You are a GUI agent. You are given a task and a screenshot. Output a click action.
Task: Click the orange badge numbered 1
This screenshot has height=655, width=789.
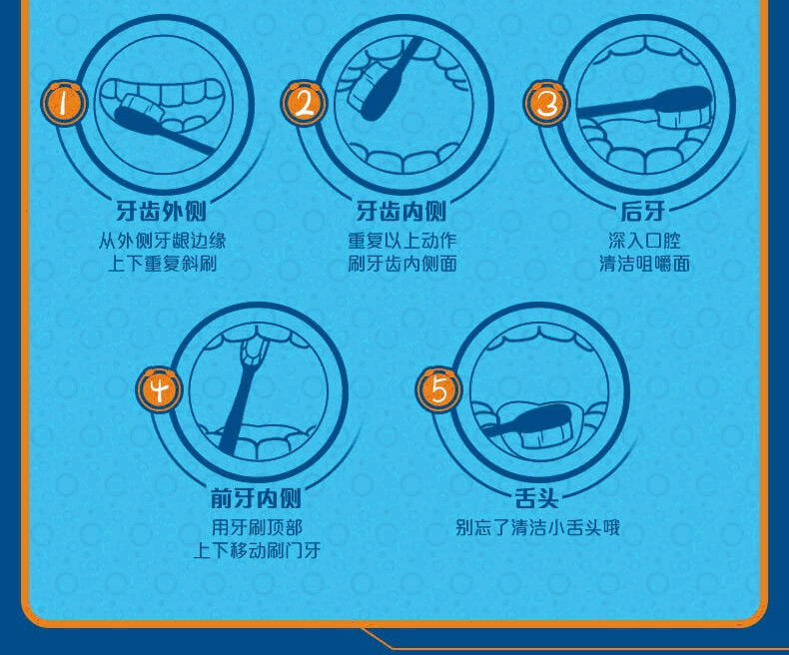pyautogui.click(x=63, y=104)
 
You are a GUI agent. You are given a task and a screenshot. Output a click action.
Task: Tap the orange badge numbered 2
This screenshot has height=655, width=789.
pyautogui.click(x=304, y=104)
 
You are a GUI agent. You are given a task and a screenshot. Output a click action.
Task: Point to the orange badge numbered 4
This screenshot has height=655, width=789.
pyautogui.click(x=159, y=389)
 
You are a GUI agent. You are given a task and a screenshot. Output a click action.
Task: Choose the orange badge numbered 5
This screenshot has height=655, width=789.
pyautogui.click(x=438, y=389)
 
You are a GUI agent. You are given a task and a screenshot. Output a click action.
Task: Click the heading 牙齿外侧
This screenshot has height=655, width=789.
pyautogui.click(x=162, y=212)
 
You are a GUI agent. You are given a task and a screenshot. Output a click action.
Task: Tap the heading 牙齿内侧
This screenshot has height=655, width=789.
pyautogui.click(x=401, y=212)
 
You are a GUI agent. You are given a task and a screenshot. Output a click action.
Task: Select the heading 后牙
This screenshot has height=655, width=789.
pyautogui.click(x=643, y=212)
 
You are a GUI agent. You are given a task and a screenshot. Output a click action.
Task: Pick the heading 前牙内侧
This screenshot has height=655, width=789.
pyautogui.click(x=256, y=498)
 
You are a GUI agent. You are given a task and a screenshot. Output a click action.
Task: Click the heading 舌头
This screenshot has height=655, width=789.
pyautogui.click(x=536, y=498)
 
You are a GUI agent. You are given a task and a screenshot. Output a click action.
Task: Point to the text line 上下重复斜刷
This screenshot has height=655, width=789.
pyautogui.click(x=162, y=264)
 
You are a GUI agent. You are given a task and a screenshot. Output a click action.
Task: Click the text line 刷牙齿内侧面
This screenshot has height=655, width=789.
pyautogui.click(x=402, y=264)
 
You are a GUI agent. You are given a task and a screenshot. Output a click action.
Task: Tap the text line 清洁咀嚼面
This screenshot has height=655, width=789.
pyautogui.click(x=644, y=264)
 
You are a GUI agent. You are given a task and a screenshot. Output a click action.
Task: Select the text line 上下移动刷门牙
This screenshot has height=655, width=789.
pyautogui.click(x=257, y=550)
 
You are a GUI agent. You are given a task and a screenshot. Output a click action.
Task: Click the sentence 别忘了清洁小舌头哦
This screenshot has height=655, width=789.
pyautogui.click(x=537, y=528)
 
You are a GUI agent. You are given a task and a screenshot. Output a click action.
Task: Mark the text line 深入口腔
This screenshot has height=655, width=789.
pyautogui.click(x=644, y=241)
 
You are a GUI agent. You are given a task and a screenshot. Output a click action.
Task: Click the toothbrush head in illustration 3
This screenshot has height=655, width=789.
pyautogui.click(x=683, y=107)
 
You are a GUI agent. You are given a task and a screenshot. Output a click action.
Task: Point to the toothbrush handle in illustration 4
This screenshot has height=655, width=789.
pyautogui.click(x=237, y=411)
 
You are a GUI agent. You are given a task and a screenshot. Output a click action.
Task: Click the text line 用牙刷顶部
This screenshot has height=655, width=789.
pyautogui.click(x=257, y=528)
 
